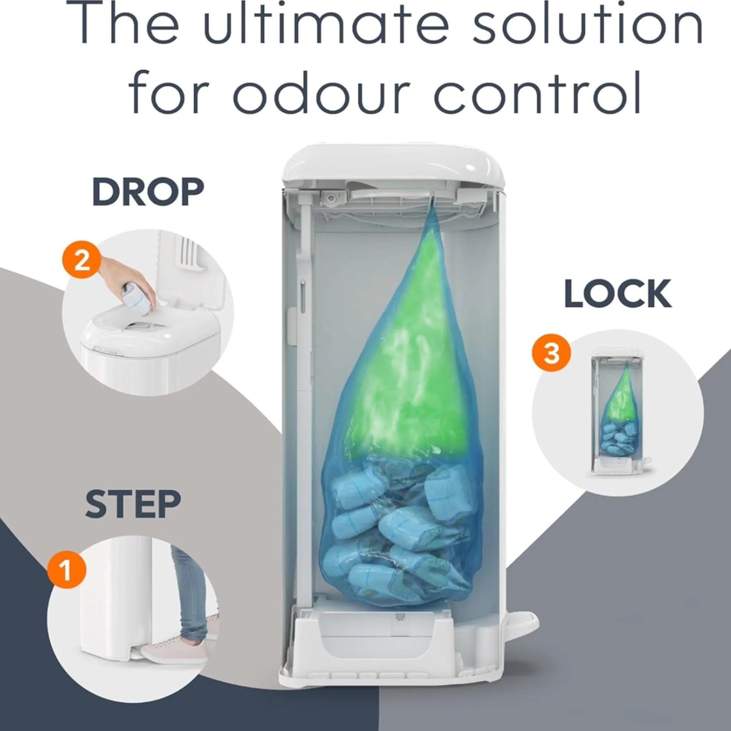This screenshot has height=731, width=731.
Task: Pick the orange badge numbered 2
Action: point(82,260)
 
